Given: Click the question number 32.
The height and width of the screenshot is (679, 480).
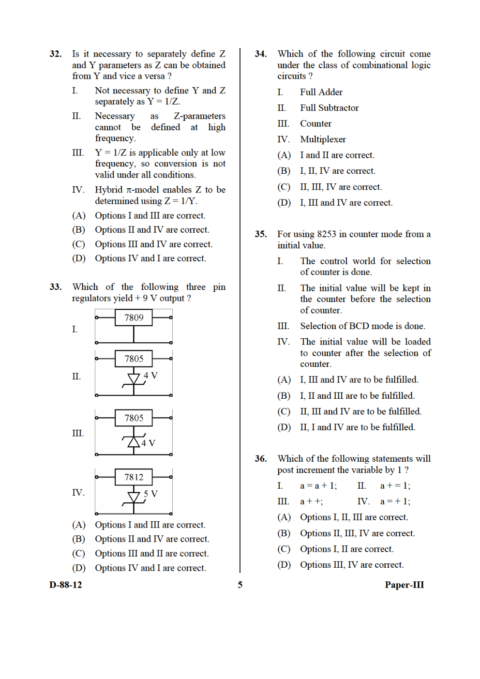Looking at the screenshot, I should pyautogui.click(x=56, y=54).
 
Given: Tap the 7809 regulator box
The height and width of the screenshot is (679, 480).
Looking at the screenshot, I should pyautogui.click(x=134, y=317).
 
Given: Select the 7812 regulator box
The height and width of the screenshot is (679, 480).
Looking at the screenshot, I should pyautogui.click(x=134, y=477).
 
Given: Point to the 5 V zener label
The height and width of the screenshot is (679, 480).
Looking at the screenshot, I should pyautogui.click(x=150, y=494).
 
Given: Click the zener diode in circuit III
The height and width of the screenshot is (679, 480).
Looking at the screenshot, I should pyautogui.click(x=134, y=441).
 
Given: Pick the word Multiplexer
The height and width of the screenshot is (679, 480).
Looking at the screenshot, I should pyautogui.click(x=323, y=139).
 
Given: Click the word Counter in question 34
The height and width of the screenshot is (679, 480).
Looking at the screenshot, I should pyautogui.click(x=315, y=123).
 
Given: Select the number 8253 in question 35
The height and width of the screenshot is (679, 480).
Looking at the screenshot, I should pyautogui.click(x=326, y=234).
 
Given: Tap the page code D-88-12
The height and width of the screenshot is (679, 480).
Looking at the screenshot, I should pyautogui.click(x=66, y=585).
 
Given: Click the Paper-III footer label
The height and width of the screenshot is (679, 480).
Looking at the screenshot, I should pyautogui.click(x=404, y=585).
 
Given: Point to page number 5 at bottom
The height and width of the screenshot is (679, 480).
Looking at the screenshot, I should pyautogui.click(x=240, y=585).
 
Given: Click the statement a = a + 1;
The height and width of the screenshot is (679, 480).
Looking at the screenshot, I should pyautogui.click(x=318, y=486).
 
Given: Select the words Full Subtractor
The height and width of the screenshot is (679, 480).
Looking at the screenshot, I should pyautogui.click(x=329, y=108).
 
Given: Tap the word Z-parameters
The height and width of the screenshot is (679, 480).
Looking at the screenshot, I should pyautogui.click(x=199, y=116).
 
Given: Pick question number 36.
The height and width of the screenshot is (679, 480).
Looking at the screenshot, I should pyautogui.click(x=261, y=459).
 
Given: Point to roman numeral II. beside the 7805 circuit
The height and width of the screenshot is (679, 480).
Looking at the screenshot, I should pyautogui.click(x=76, y=376).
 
